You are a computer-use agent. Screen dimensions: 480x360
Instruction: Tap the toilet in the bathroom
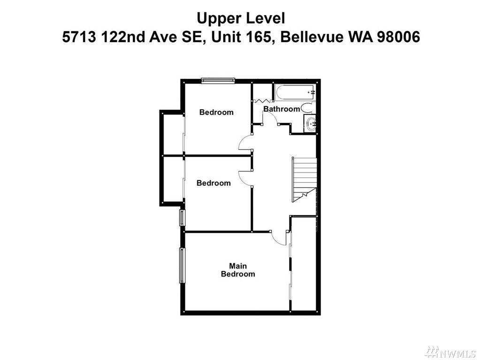tap(307, 108)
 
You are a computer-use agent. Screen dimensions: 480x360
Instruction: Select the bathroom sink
tap(311, 123)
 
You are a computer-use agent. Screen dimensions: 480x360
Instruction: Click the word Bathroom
tap(282, 109)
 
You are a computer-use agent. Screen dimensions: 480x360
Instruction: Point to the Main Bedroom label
tap(238, 270)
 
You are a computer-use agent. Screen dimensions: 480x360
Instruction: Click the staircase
tap(304, 179)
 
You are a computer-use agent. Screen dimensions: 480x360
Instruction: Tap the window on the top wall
tap(218, 80)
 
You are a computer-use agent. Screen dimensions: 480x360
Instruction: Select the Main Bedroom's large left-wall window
tap(182, 265)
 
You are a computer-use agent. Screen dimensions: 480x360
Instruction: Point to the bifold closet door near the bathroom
tap(263, 100)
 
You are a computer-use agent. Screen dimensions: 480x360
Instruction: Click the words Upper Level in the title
tap(241, 18)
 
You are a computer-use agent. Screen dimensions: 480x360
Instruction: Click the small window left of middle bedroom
tap(182, 217)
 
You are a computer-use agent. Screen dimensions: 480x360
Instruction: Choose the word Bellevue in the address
tap(312, 38)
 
